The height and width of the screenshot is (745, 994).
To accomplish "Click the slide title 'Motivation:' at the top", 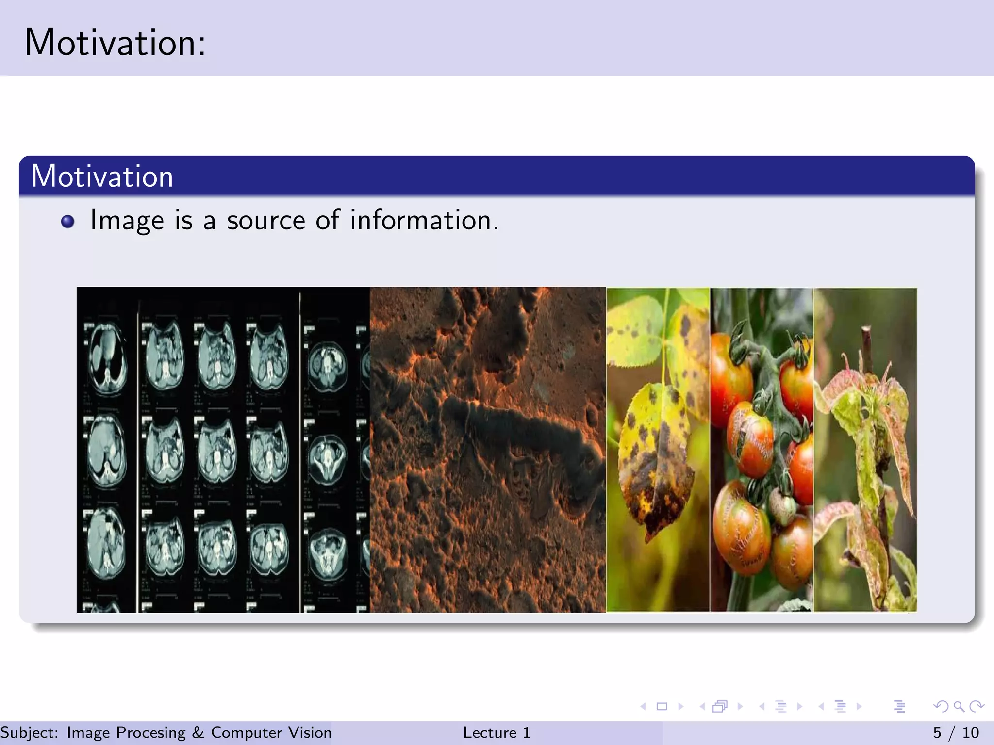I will coord(115,43).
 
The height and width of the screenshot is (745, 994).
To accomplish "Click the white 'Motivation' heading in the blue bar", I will coord(102,176).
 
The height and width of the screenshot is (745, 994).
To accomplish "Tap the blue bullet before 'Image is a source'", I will coord(68,222).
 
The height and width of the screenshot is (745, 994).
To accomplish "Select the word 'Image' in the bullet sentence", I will coord(127,221).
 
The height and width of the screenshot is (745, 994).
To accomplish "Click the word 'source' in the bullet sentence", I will coord(266,221).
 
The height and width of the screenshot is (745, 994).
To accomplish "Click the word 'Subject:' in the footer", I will coord(29,732).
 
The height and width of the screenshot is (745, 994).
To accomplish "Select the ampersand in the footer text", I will coord(198,732).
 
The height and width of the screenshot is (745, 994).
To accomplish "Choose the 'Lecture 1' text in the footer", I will coord(497,732).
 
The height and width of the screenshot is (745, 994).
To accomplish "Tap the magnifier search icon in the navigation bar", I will coord(959,706).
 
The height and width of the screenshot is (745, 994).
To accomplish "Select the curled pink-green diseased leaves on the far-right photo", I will coord(869,437).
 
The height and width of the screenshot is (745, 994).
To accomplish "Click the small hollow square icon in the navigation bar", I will coord(662,706).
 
